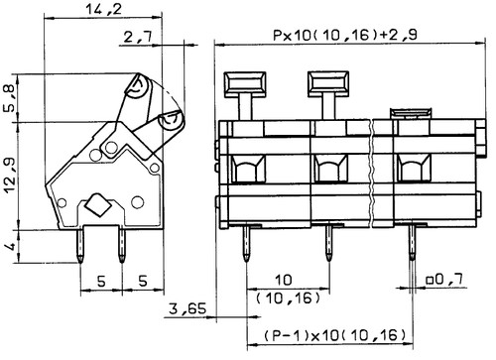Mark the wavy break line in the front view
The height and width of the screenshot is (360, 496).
pos(370,169)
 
